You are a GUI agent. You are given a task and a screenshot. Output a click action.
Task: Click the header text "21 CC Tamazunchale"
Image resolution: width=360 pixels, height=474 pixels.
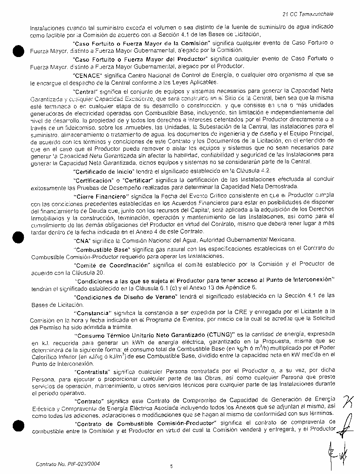311,14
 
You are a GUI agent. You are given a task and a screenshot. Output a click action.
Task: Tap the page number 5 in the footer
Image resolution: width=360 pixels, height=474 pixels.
171,466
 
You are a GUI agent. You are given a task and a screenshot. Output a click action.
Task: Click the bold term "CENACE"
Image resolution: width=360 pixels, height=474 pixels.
89,74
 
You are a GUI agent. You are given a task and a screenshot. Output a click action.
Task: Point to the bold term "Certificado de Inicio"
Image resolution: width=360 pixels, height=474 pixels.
99,171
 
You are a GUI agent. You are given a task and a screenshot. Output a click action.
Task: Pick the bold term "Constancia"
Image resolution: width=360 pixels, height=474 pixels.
93,311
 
